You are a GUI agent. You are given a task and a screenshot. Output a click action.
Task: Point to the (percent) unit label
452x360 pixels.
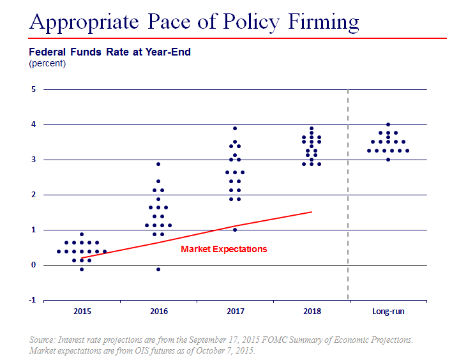tap(47, 63)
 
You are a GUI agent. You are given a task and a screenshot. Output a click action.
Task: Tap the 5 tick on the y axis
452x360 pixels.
tap(34, 89)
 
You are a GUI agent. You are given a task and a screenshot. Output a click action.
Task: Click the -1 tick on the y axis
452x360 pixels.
tap(32, 300)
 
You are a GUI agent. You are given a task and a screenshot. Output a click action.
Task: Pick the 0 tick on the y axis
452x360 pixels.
tap(34, 265)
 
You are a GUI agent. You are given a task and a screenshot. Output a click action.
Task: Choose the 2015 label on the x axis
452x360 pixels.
tap(82, 312)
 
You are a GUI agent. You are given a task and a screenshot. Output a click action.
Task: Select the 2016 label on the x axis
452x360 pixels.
tap(158, 312)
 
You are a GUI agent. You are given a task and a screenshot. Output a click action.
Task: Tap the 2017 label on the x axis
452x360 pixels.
tap(235, 312)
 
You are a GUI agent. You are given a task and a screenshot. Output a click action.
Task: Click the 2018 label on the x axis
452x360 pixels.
tap(312, 312)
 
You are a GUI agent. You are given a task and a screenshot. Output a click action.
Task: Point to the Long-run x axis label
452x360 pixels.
tap(388, 312)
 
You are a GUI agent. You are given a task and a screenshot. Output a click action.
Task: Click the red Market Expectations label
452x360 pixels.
tap(223, 249)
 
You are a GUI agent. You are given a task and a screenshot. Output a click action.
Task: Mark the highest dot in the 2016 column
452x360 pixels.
tap(158, 164)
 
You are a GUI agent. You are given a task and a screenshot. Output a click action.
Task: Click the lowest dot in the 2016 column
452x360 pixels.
tap(158, 269)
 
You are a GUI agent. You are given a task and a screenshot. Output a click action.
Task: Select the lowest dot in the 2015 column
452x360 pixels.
tap(82, 269)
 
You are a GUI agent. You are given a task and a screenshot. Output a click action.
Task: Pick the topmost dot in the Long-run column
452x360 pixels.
tap(388, 124)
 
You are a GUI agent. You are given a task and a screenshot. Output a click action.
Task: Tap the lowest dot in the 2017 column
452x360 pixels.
tap(235, 230)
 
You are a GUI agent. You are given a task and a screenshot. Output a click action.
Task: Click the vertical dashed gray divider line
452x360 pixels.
tap(348, 191)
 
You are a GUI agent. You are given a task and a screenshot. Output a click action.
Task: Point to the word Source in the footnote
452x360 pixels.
tap(42, 340)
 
